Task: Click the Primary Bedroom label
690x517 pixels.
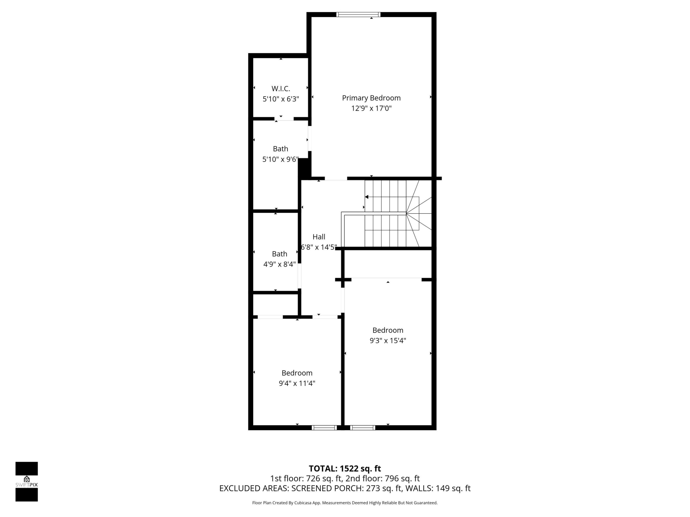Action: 371,98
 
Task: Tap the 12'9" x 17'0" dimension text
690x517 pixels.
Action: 371,108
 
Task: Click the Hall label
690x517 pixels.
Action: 319,237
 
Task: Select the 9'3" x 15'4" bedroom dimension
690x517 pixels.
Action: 388,341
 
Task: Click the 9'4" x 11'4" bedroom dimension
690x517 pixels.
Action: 297,383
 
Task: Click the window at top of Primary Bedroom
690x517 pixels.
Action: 358,14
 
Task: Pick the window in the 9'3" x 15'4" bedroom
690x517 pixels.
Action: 362,427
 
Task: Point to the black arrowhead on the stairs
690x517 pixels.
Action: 367,197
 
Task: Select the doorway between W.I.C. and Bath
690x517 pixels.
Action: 284,118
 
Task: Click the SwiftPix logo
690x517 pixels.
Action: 27,482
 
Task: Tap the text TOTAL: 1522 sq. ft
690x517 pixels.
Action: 345,469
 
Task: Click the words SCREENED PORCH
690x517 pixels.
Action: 327,488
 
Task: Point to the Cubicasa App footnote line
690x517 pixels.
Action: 345,503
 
